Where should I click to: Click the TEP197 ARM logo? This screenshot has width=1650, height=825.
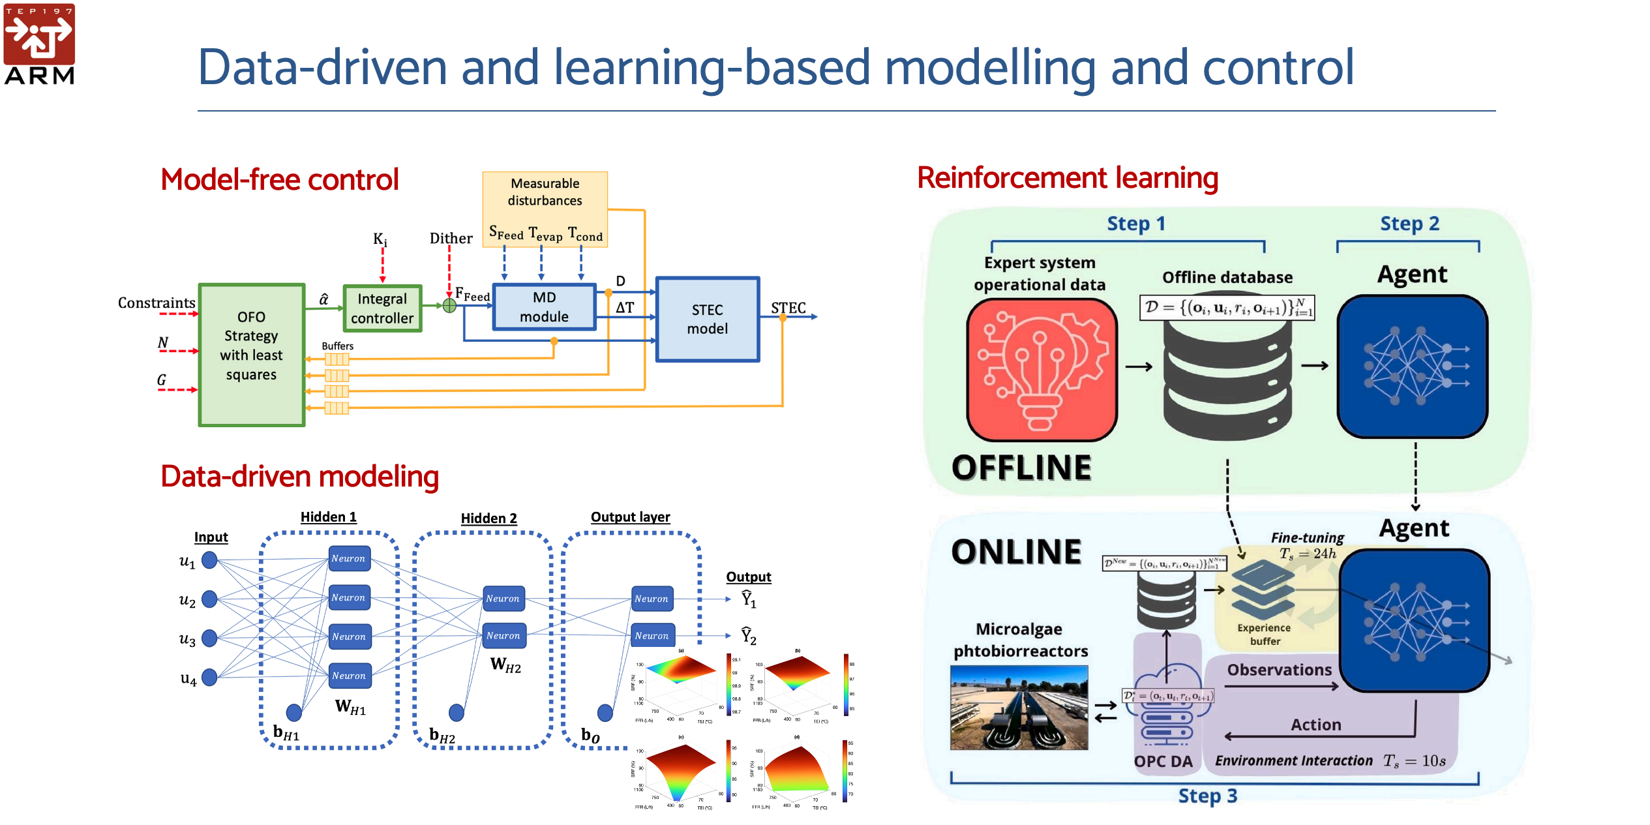39,44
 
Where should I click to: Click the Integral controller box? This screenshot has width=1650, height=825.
382,308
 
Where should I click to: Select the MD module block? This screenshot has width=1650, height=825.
544,307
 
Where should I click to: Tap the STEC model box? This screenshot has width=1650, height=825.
708,319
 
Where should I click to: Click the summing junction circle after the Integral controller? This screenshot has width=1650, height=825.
449,305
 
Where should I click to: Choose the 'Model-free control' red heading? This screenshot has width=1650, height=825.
280,179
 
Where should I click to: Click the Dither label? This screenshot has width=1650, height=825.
451,239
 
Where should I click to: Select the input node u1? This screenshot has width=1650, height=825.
209,560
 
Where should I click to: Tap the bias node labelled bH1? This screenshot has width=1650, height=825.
294,713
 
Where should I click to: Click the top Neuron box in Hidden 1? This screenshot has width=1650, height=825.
349,558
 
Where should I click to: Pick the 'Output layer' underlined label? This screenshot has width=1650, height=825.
630,517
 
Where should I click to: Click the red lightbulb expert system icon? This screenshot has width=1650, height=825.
1042,370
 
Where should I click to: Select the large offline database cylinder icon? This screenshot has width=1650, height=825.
1227,379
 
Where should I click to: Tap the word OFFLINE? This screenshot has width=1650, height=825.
1021,468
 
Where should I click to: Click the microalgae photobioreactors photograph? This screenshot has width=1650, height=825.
1019,707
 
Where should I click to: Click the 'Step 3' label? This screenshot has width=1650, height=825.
1207,796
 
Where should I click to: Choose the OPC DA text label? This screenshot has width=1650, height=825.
1163,761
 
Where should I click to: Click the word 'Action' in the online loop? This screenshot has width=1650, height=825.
1315,725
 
